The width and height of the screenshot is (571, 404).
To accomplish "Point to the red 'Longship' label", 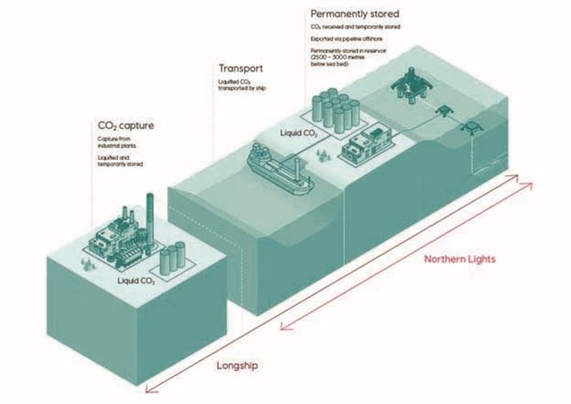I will point(237,365).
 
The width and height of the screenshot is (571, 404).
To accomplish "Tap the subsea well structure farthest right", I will point(472,128).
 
